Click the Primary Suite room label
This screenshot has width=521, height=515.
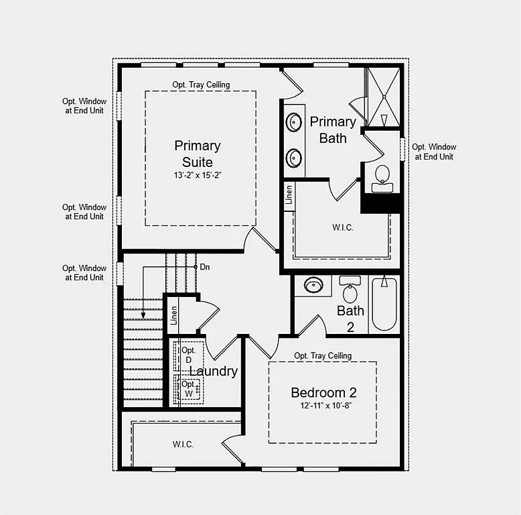(x=198, y=154)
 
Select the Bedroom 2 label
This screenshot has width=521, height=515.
(x=323, y=393)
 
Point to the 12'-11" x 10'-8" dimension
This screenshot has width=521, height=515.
(x=323, y=406)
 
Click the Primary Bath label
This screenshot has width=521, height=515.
(x=333, y=129)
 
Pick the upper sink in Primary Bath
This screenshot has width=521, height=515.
(x=294, y=123)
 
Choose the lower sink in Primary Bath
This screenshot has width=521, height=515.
(x=294, y=158)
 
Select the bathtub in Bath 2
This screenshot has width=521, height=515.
(x=384, y=304)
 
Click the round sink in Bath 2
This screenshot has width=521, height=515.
(x=312, y=286)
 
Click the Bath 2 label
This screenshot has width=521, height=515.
(x=350, y=319)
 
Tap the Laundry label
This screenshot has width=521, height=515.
(x=214, y=371)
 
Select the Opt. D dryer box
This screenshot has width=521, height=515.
(x=188, y=355)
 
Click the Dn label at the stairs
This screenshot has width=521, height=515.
(x=205, y=267)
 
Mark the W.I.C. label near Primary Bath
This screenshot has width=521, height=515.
(x=342, y=227)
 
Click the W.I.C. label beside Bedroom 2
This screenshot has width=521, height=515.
(x=183, y=445)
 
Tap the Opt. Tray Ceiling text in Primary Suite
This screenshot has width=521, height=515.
(x=201, y=85)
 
